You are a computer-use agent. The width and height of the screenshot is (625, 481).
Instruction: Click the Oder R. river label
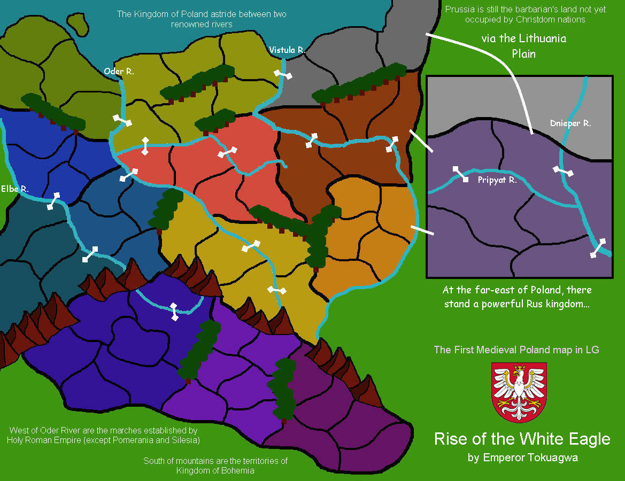[119, 71]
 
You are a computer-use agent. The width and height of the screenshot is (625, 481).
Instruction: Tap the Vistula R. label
[287, 50]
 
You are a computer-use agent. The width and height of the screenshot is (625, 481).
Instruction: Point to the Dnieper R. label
[570, 123]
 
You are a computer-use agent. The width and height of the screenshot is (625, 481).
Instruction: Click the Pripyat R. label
[497, 180]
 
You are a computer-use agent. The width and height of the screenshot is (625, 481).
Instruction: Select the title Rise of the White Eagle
[522, 439]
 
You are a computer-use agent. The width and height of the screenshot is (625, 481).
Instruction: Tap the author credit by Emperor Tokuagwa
[522, 457]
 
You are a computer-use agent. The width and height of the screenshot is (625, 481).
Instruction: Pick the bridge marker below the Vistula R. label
[283, 74]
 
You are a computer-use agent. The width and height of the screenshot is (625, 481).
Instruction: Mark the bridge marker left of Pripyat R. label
[459, 174]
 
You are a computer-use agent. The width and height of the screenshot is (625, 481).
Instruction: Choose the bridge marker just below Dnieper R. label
[563, 170]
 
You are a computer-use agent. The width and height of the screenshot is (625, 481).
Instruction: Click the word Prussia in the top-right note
[459, 9]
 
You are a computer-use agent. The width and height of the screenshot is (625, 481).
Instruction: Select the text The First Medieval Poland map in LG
[516, 350]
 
